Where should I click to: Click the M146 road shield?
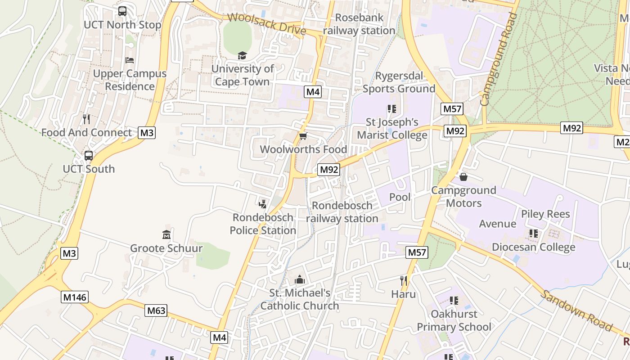(75, 297)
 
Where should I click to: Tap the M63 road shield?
(156, 310)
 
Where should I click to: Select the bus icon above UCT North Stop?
(122, 11)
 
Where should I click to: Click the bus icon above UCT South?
(89, 156)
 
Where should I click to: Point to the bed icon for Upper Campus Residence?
(130, 60)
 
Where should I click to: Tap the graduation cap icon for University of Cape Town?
(243, 55)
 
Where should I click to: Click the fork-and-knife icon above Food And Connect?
(86, 119)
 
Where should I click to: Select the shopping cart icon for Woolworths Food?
(303, 136)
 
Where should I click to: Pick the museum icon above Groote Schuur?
(166, 234)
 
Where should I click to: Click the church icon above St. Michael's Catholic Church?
(300, 279)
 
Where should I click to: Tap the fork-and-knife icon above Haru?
(404, 281)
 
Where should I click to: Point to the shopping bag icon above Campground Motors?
(463, 177)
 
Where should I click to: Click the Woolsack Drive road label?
(266, 24)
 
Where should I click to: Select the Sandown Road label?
(576, 311)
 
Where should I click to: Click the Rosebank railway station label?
(359, 24)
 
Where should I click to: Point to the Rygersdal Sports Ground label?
(399, 82)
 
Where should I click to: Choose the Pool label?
(400, 197)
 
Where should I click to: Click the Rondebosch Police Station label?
(263, 224)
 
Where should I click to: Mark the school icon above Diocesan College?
(534, 233)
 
